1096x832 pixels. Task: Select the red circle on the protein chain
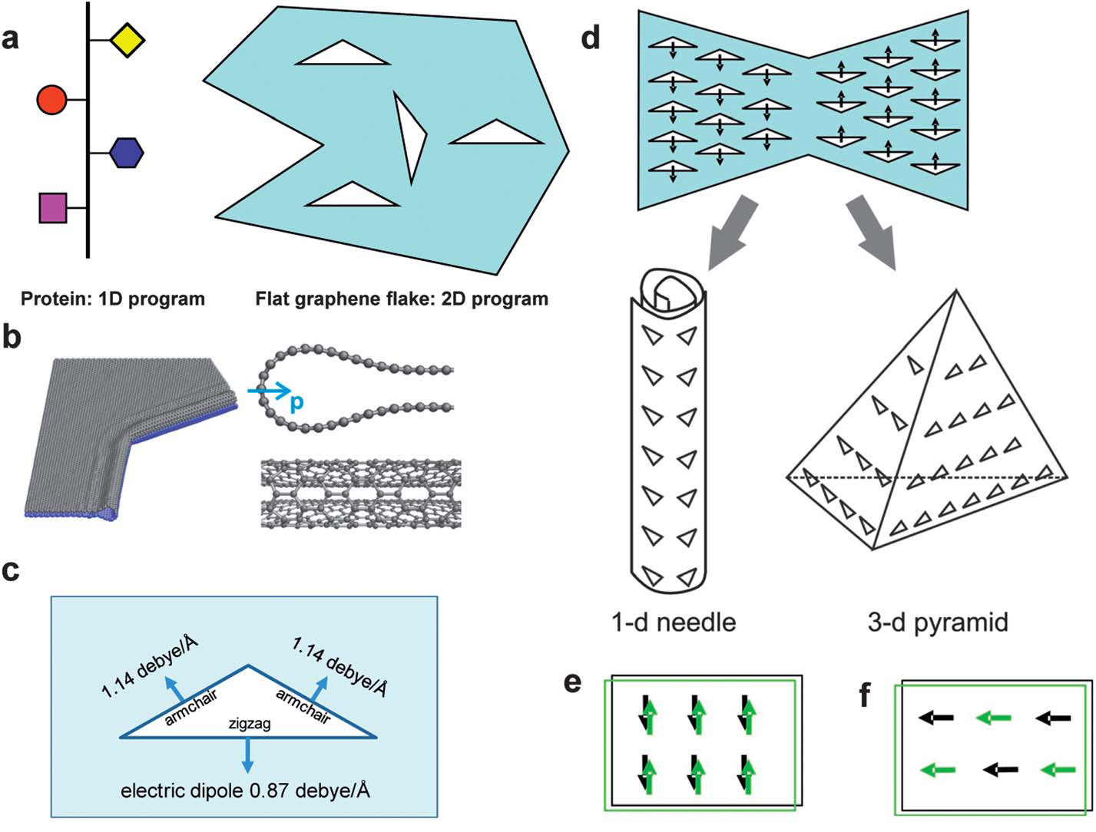[52, 100]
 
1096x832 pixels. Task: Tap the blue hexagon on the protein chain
[127, 153]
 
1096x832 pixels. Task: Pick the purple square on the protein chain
[53, 208]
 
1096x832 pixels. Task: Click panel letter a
[10, 37]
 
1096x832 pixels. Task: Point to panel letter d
[590, 37]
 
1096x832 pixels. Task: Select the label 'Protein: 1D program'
[113, 299]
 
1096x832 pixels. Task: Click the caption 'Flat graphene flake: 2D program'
[402, 299]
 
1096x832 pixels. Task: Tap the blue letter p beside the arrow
[297, 401]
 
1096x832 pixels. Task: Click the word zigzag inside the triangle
[250, 724]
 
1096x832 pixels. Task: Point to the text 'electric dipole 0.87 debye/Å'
[245, 789]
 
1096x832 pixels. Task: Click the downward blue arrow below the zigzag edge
[247, 755]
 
